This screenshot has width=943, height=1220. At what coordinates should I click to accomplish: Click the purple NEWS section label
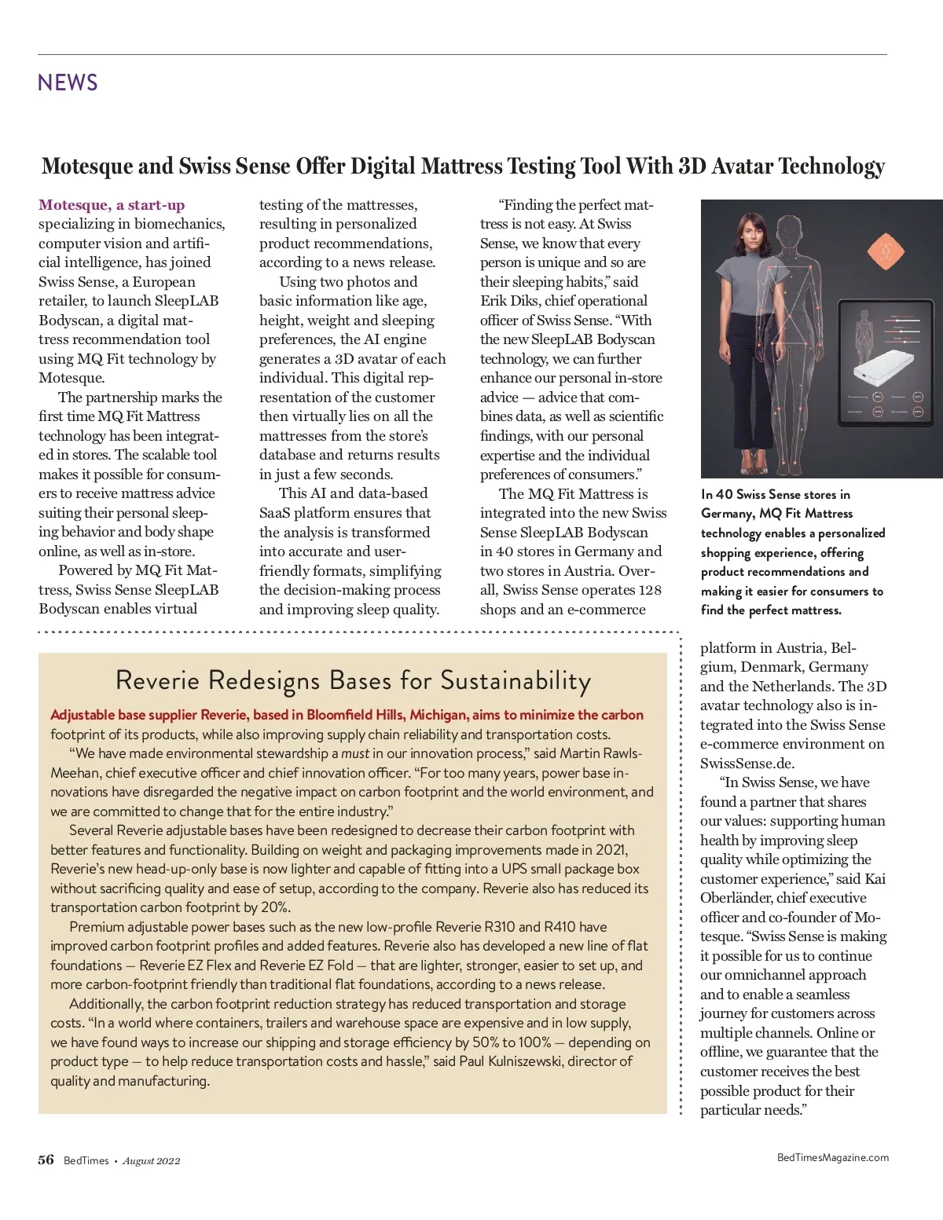(68, 82)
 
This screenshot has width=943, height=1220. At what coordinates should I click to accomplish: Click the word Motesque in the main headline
(87, 167)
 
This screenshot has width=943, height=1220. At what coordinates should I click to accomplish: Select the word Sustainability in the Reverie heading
(516, 680)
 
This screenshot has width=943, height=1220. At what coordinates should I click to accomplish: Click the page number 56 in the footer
(46, 1160)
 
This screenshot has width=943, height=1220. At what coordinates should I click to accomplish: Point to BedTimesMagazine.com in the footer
(832, 1157)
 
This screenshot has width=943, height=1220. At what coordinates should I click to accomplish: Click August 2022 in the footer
(152, 1161)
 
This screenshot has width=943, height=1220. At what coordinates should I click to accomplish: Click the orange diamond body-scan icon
(885, 252)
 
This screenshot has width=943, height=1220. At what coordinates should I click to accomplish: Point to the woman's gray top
(747, 283)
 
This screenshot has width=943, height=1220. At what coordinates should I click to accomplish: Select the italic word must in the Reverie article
(354, 753)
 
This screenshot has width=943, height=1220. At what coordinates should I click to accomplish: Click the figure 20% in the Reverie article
(275, 907)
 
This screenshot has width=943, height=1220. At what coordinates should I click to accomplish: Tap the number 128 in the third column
(650, 590)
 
